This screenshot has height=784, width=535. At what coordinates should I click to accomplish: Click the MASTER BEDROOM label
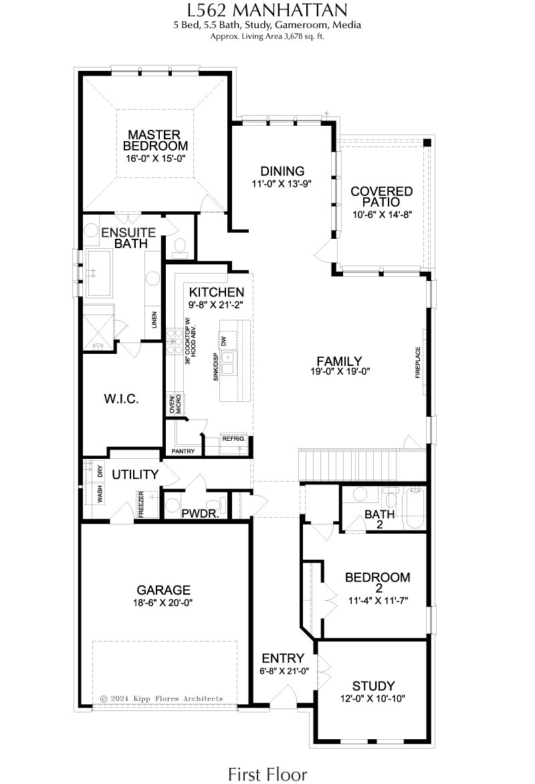coord(156,140)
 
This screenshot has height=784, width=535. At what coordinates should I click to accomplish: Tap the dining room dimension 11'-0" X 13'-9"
coord(282,183)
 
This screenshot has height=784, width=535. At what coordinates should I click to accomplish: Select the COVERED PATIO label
coord(381,197)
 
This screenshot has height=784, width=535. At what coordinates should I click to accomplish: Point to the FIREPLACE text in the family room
coord(418,363)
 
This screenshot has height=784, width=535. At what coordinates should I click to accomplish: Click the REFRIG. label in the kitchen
coord(234,439)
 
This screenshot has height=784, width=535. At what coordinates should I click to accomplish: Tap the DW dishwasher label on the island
coord(224,341)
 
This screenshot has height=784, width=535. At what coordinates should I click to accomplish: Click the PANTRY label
coord(183,451)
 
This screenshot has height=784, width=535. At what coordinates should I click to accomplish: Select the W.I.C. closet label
coord(122,399)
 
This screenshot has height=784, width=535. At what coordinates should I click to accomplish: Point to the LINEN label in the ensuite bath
coord(154,320)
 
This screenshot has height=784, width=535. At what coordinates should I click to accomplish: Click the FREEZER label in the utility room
coord(142,504)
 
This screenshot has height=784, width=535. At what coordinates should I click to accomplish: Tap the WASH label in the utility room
coord(100,494)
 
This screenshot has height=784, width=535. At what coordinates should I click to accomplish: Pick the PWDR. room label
coord(201,514)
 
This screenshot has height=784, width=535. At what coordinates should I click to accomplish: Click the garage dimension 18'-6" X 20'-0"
coord(163,603)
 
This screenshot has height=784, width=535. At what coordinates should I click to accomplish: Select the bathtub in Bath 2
coord(415,508)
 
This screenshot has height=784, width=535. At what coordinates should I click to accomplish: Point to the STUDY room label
coord(374,686)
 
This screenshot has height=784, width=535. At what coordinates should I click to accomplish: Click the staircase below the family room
coord(348,465)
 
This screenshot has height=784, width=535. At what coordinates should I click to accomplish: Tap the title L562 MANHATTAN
coord(267,9)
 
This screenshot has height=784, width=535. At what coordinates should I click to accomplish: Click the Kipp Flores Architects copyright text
coord(161,698)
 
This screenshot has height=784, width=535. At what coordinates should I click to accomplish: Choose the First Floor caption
coord(267,774)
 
